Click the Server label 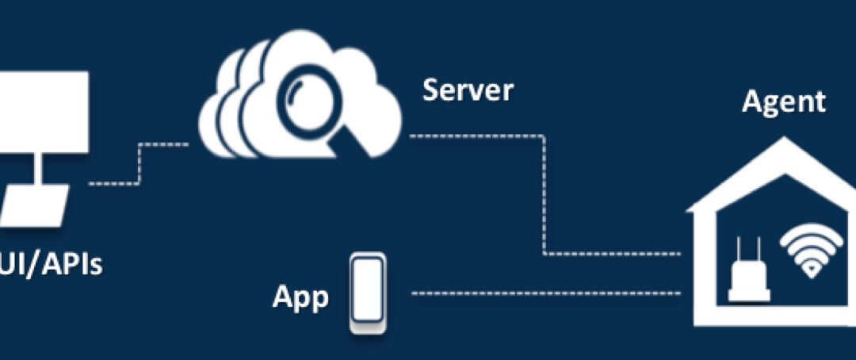coord(468,90)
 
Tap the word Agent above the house coord(783,101)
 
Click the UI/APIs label coord(52,263)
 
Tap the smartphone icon coord(369,293)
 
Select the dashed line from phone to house coord(547,293)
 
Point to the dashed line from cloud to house coord(544,198)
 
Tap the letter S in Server coord(431,90)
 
